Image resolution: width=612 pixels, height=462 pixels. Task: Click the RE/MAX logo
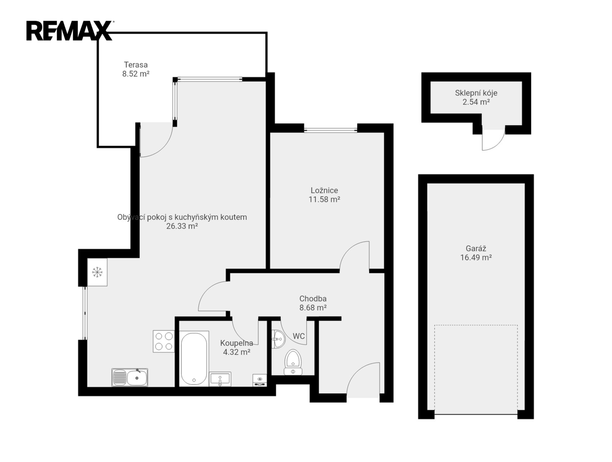pyautogui.click(x=70, y=31)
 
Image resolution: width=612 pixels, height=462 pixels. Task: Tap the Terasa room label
pyautogui.click(x=136, y=65)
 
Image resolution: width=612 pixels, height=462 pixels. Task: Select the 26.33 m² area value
pyautogui.click(x=182, y=226)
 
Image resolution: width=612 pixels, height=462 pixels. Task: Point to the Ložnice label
pyautogui.click(x=324, y=190)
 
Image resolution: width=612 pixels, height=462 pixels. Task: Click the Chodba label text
pyautogui.click(x=313, y=299)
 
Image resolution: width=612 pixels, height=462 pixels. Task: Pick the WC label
pyautogui.click(x=299, y=336)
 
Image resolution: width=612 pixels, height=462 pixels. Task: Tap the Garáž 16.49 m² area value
pyautogui.click(x=476, y=258)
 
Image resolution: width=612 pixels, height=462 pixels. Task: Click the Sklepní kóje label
pyautogui.click(x=476, y=93)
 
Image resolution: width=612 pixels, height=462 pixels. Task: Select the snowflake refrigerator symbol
pyautogui.click(x=98, y=272)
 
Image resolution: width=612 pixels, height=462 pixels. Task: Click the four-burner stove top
pyautogui.click(x=164, y=341)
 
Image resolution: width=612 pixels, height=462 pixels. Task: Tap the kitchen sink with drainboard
pyautogui.click(x=130, y=378)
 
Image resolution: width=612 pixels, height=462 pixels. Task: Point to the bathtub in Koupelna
pyautogui.click(x=194, y=358)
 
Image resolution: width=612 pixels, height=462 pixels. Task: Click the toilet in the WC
pyautogui.click(x=293, y=362)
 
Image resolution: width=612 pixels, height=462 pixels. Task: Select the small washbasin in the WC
pyautogui.click(x=278, y=339)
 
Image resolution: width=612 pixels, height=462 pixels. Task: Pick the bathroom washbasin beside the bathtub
pyautogui.click(x=220, y=379)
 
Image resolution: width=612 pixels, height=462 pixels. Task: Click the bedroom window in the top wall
pyautogui.click(x=331, y=130)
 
